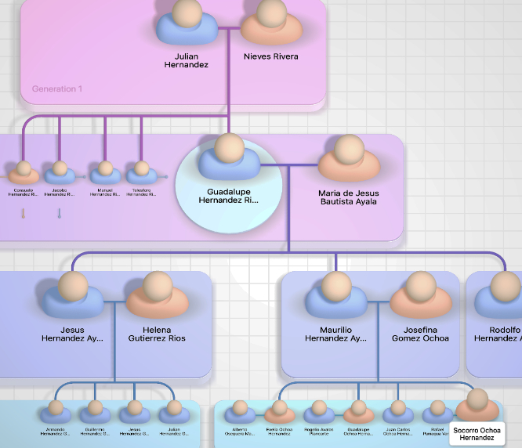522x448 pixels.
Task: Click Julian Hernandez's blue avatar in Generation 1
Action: [x=187, y=23]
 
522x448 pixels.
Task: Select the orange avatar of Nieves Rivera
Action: [x=271, y=23]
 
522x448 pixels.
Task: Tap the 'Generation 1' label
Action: [x=56, y=89]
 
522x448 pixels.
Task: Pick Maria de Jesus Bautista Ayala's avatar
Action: [x=348, y=160]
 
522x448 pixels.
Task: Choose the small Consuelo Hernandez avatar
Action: [x=24, y=171]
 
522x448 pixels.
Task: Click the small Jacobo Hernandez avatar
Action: [x=60, y=171]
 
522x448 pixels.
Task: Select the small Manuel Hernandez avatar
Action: [x=105, y=171]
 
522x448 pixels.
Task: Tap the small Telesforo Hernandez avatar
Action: [x=141, y=171]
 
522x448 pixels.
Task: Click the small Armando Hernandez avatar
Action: [x=56, y=411]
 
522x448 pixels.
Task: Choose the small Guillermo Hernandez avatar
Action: [x=95, y=411]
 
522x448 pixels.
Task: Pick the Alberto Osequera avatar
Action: [x=244, y=411]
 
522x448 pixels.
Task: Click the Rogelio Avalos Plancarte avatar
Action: [x=319, y=411]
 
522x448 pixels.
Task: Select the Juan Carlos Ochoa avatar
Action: [x=398, y=411]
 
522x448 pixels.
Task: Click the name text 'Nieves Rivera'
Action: [x=271, y=56]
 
